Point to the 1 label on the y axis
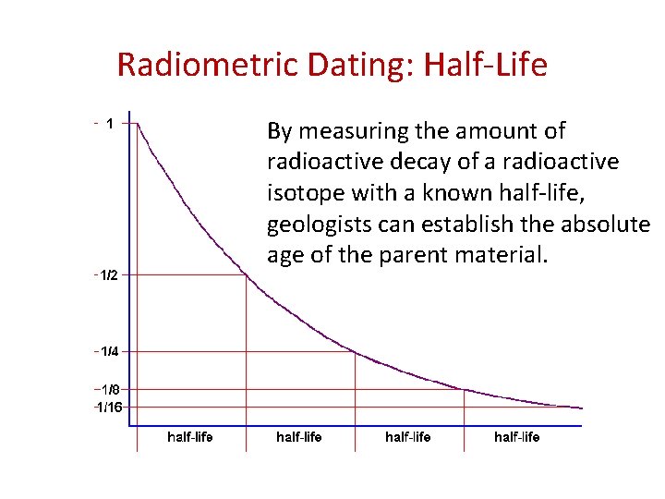(x=110, y=123)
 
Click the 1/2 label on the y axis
(x=108, y=275)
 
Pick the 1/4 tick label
(x=108, y=351)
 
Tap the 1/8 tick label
(x=108, y=390)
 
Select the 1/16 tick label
(x=110, y=407)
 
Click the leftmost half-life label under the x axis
(x=189, y=436)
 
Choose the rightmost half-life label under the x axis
(x=517, y=436)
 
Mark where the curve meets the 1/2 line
(x=246, y=274)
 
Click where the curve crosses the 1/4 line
(x=356, y=351)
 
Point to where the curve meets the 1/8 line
(x=465, y=389)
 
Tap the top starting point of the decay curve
(x=138, y=124)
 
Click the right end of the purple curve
(x=582, y=408)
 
